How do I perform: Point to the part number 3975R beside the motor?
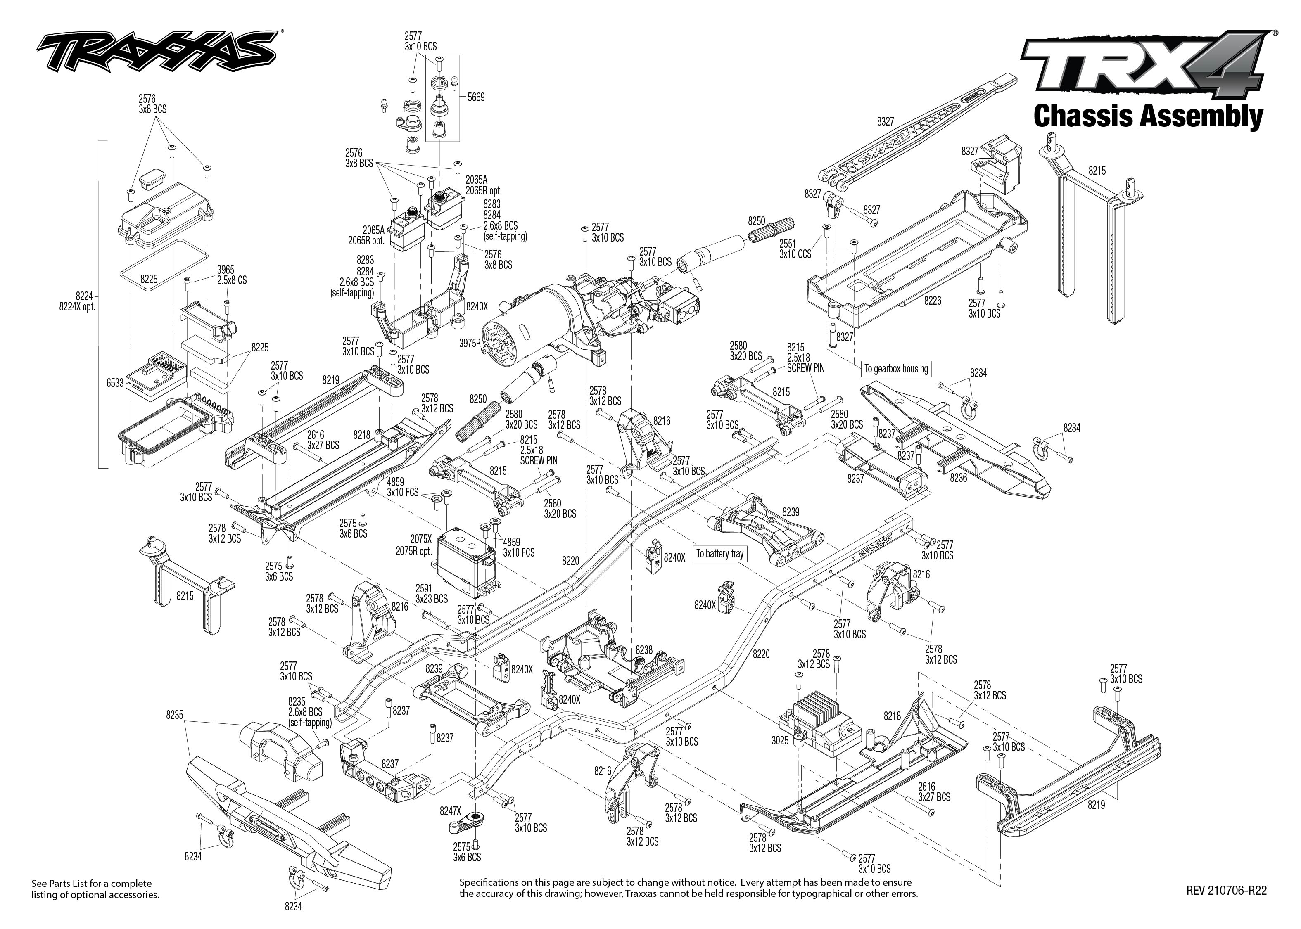470,344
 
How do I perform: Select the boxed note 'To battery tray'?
720,553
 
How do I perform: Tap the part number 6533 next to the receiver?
115,383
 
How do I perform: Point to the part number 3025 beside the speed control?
780,740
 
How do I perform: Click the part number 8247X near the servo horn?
450,811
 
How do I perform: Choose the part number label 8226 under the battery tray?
932,301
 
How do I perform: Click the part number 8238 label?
643,650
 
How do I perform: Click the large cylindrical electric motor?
532,320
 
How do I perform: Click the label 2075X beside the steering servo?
420,539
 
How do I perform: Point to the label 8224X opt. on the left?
77,307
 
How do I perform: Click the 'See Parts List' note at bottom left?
95,889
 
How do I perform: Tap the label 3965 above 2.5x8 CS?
226,270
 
